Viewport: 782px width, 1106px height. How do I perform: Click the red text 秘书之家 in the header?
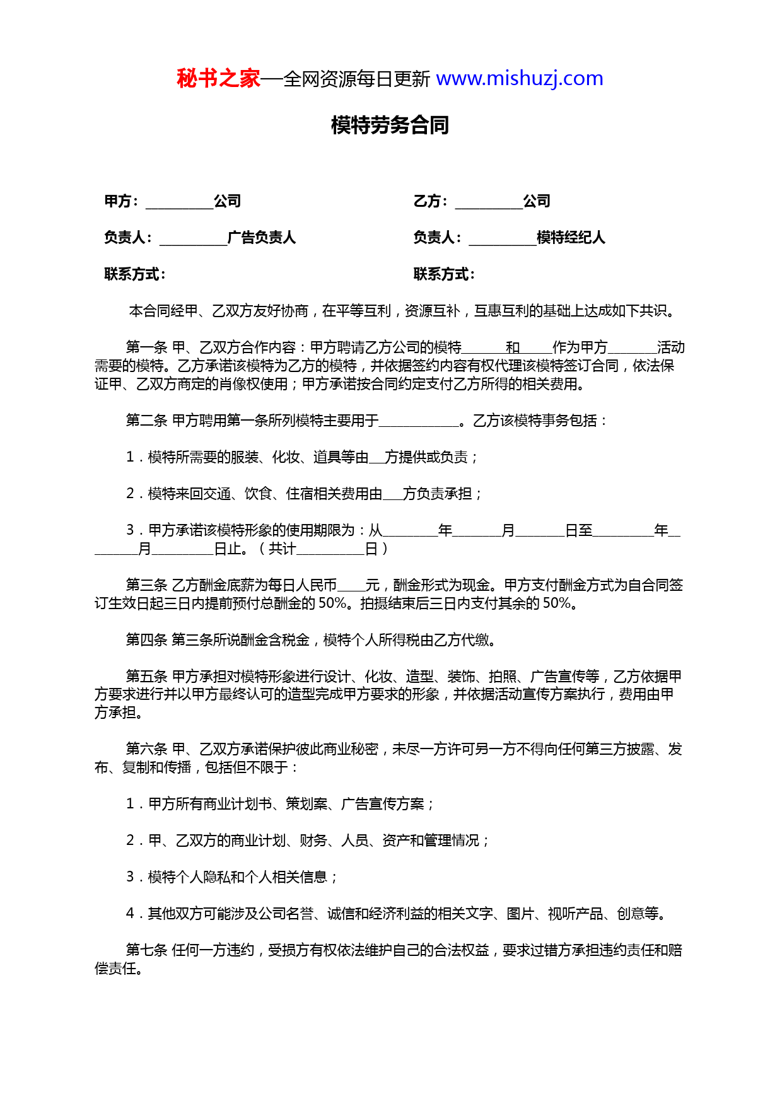tap(218, 79)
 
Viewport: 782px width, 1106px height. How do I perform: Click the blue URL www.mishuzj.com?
tap(520, 79)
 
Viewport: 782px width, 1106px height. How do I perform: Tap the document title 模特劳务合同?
tap(390, 125)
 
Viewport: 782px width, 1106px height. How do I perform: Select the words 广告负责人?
tap(262, 238)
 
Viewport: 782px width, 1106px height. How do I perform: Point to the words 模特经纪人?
tap(571, 238)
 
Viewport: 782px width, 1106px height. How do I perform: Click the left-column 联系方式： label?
tap(135, 274)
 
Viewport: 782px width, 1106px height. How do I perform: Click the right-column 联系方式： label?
tap(444, 274)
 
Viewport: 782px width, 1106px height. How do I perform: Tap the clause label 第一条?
tap(146, 347)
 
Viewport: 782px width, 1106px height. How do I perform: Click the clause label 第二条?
tap(146, 421)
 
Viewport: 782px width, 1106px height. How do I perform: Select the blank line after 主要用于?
tap(419, 422)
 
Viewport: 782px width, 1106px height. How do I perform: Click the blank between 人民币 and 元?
tap(351, 586)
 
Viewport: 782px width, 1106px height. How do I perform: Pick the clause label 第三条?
tap(146, 585)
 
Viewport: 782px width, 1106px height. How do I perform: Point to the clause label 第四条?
tap(146, 640)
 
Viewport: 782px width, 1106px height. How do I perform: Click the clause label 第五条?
tap(146, 677)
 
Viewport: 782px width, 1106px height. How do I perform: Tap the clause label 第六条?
tap(146, 749)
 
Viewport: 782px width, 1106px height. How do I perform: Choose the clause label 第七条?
tap(146, 950)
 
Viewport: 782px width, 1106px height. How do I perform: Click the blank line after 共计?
tap(330, 550)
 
